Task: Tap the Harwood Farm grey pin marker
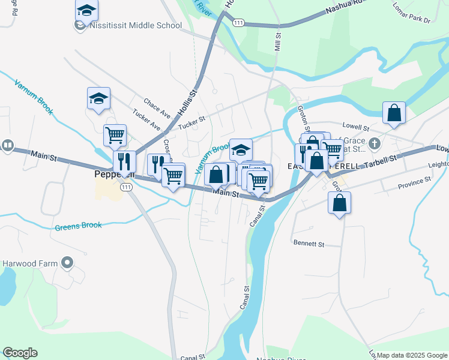[67, 262]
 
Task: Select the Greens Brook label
[78, 226]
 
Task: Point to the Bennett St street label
[309, 244]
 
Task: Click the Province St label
[414, 179]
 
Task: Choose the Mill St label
[277, 41]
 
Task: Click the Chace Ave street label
[157, 106]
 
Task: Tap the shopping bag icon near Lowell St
[394, 112]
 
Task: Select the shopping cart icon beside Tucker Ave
[115, 134]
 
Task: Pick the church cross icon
[375, 143]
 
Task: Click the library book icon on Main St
[7, 145]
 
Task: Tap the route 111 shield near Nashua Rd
[239, 22]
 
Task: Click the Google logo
[20, 353]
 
